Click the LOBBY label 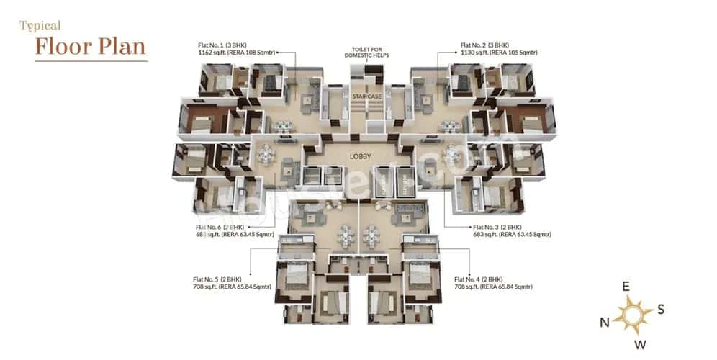359,156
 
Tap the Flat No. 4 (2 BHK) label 478,279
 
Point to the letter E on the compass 626,287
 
